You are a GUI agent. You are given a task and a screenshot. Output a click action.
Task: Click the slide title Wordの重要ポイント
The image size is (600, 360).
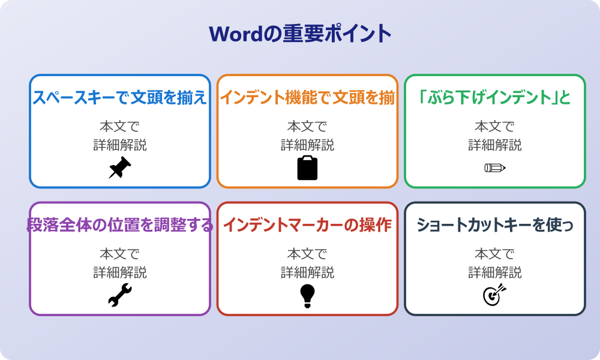[x=300, y=34]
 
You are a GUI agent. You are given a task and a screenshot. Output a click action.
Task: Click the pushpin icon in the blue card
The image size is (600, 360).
[x=119, y=168]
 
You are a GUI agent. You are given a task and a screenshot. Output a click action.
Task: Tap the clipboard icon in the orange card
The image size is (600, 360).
[x=307, y=168]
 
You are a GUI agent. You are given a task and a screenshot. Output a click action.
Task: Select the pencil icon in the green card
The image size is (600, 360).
[x=494, y=167]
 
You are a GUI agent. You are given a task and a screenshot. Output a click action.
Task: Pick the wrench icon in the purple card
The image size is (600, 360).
[x=119, y=295]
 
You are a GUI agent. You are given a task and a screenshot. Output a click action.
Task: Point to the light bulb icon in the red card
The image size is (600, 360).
[x=307, y=295]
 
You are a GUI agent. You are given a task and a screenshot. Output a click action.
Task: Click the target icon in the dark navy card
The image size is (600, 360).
[x=494, y=295]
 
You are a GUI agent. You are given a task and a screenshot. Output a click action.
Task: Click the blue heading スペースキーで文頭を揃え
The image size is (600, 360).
[x=119, y=97]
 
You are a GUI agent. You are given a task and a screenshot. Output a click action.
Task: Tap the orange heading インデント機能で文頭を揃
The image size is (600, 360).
[x=307, y=97]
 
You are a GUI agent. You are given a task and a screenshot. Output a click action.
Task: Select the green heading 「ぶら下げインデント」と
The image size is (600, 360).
[x=494, y=97]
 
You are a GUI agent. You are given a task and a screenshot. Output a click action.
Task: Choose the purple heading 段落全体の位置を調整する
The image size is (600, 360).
[x=119, y=225]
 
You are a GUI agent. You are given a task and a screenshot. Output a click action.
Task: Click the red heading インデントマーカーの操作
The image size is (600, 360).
[x=307, y=225]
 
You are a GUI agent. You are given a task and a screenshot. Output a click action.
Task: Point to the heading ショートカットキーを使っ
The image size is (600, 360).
[x=494, y=225]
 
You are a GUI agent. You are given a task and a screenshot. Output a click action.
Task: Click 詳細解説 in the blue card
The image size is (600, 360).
[x=119, y=145]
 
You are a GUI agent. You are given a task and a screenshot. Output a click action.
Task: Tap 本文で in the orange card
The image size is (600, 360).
[x=307, y=127]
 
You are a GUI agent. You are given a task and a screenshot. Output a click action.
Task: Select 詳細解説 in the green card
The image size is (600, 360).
[x=494, y=145]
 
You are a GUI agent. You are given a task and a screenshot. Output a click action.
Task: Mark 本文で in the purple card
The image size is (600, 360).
[x=119, y=254]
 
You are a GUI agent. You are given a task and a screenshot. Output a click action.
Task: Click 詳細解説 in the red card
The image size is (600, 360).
[x=307, y=272]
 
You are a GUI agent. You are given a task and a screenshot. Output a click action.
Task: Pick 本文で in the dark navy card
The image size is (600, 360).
[x=494, y=254]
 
